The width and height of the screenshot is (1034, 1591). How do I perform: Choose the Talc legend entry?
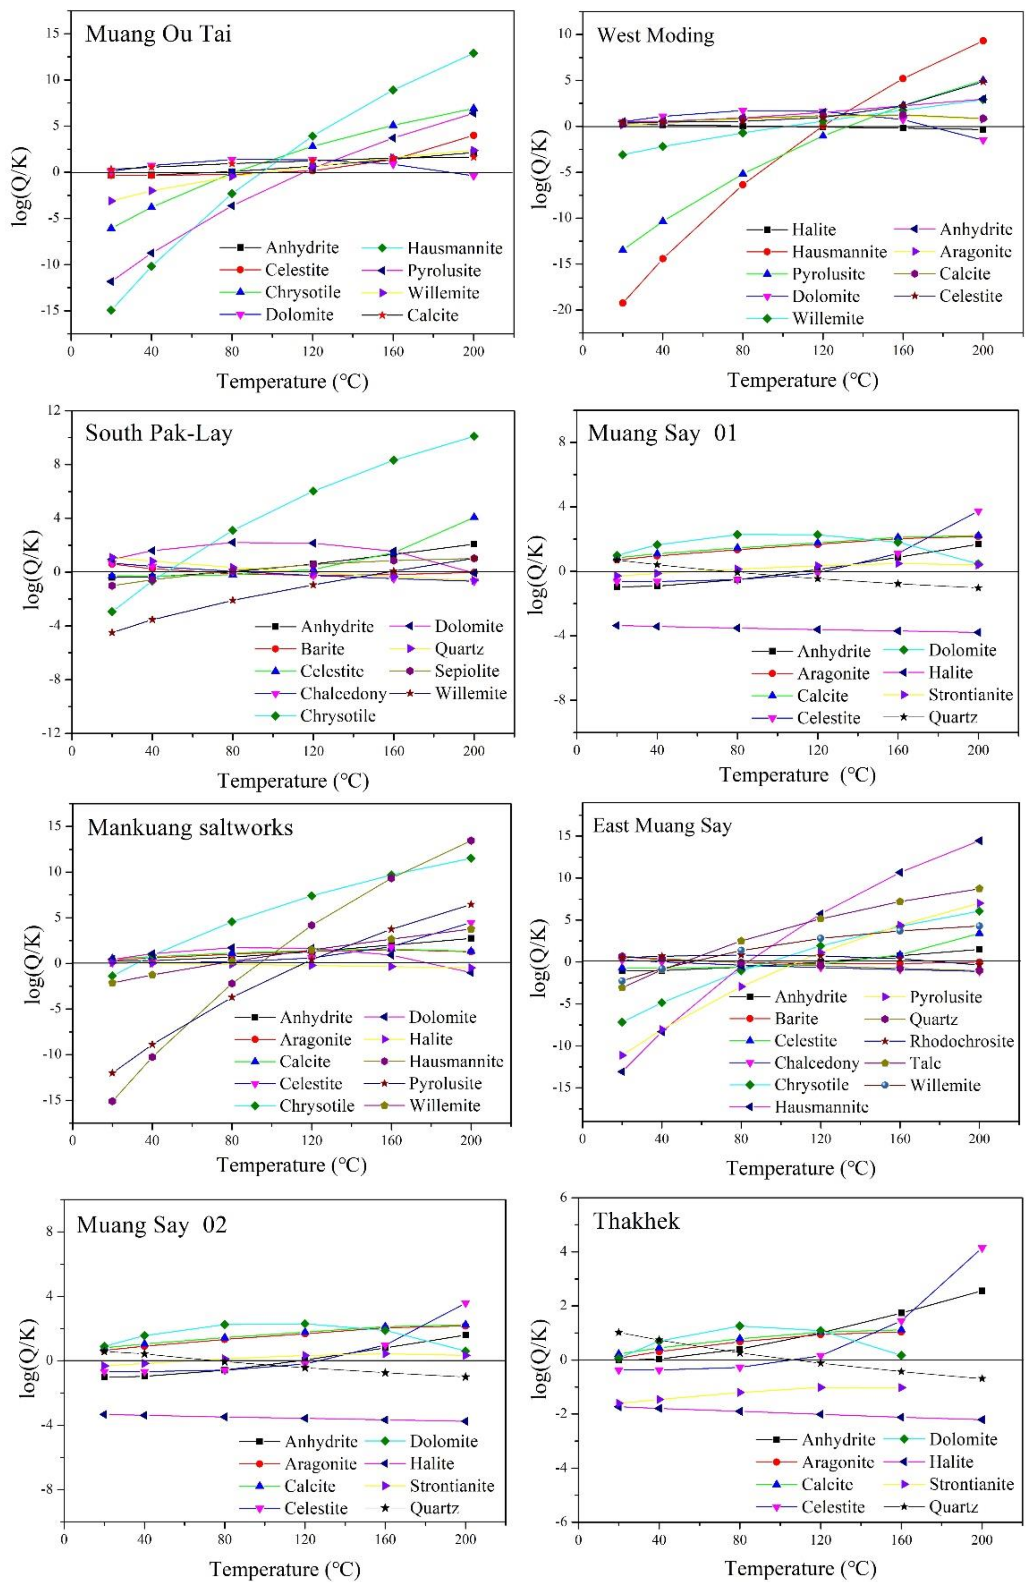pyautogui.click(x=925, y=1063)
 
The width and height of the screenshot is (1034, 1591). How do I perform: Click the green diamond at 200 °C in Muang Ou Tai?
pyautogui.click(x=473, y=53)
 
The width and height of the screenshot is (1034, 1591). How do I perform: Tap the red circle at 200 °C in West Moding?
pyautogui.click(x=982, y=41)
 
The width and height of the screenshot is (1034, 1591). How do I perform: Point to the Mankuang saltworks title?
pyautogui.click(x=190, y=828)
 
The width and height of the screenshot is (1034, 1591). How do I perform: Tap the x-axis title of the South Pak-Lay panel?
pyautogui.click(x=293, y=781)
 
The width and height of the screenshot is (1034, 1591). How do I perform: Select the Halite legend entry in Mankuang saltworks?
pyautogui.click(x=430, y=1039)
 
